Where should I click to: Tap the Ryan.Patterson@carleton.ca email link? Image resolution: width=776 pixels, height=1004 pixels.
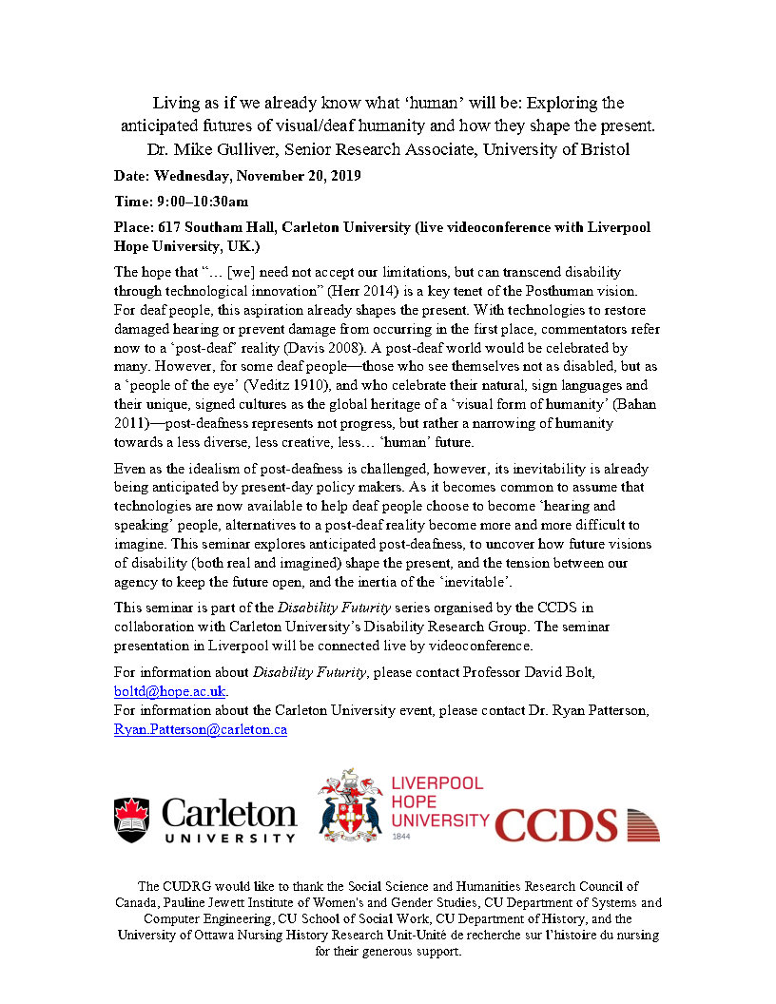200,729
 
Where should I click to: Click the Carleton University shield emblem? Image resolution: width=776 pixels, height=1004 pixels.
131,821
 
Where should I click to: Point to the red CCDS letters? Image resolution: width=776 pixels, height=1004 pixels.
556,824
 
